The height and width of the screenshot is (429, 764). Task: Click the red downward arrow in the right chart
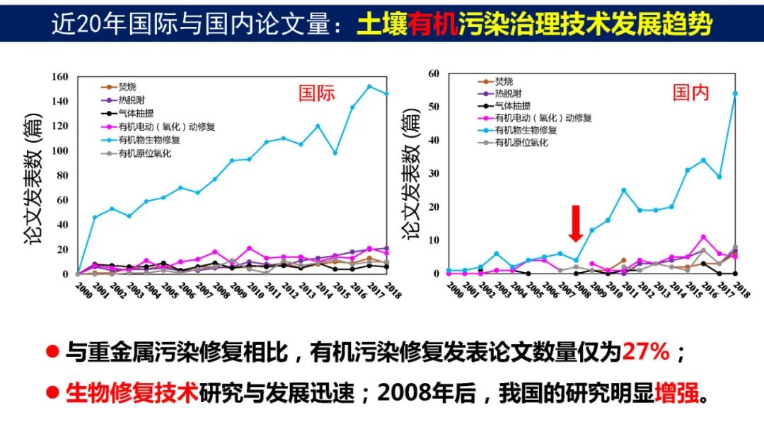577,223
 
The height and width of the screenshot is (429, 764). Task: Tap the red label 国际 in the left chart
316,93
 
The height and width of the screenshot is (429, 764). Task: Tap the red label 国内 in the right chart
691,93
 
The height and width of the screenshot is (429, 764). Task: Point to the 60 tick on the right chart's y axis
434,74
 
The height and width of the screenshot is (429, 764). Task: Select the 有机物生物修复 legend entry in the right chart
526,130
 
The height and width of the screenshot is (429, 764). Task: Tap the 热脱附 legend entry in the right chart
509,93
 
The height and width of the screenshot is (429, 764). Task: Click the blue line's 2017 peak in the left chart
369,86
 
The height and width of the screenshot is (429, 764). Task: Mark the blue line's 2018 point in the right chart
735,93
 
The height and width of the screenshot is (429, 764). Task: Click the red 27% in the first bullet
645,351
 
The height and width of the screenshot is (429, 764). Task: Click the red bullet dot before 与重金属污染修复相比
52,351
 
